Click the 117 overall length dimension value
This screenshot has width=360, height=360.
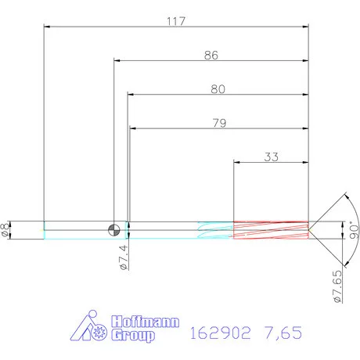(x=175, y=22)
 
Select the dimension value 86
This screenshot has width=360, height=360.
(x=211, y=56)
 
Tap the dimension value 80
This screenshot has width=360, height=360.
(x=218, y=89)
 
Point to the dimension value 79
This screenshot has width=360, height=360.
(x=219, y=122)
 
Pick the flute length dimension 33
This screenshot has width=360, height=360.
(x=271, y=156)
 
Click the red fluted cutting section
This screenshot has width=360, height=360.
(x=271, y=229)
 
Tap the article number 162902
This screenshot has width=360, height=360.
(x=219, y=333)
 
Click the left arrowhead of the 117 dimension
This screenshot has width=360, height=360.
(x=47, y=28)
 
